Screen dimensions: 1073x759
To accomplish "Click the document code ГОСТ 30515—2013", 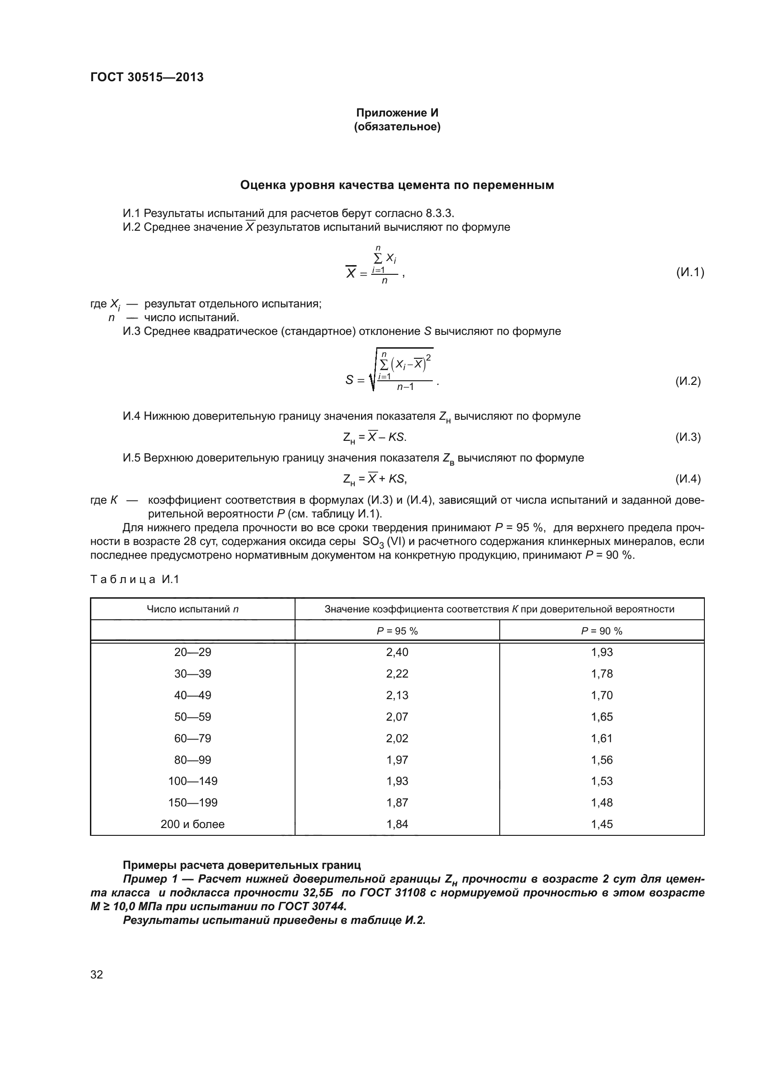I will coord(147,77).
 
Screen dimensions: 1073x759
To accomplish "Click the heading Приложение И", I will coord(397,113).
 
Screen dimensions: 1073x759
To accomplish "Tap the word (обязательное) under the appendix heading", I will coord(397,127).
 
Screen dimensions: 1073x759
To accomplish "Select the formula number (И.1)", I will coord(690,272).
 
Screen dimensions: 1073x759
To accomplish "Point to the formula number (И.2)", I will coord(688,381).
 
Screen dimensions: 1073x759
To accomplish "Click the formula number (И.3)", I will coord(688,437).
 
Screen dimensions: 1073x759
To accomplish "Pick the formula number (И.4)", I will coord(688,478).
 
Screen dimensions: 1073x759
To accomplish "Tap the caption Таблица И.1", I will coord(134,579).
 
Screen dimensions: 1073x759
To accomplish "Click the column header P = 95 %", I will coord(397,631).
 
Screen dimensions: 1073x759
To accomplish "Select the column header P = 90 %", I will coord(602,631).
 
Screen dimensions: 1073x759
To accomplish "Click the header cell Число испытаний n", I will coord(193,609).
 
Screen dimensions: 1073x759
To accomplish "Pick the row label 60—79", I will coord(193,739).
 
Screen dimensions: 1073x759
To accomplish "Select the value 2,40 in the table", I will coord(397,652).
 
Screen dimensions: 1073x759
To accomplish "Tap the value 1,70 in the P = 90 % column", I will coord(602,695).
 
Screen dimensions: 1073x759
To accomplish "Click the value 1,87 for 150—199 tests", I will coord(397,802).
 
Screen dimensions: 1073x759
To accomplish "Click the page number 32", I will coord(97,974).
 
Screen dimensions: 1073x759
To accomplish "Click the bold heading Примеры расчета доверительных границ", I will coord(241,865).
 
